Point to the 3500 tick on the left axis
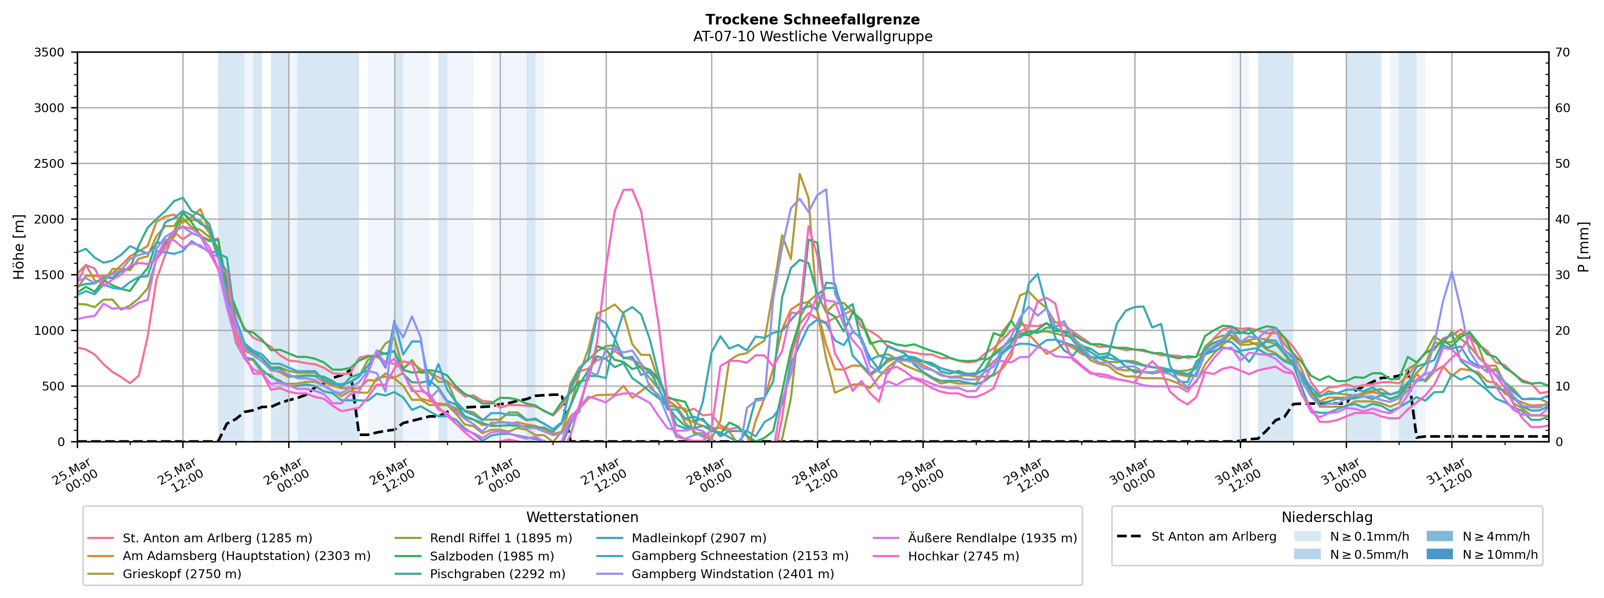49,52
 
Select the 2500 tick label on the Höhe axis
49,164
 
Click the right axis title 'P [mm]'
1583,247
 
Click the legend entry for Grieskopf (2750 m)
182,574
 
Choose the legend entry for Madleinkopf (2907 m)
699,538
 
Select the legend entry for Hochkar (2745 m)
963,556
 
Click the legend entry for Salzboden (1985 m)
491,556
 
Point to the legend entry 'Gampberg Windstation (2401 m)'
732,574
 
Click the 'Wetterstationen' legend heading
582,517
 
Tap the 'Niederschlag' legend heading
1326,517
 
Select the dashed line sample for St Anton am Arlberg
1129,536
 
